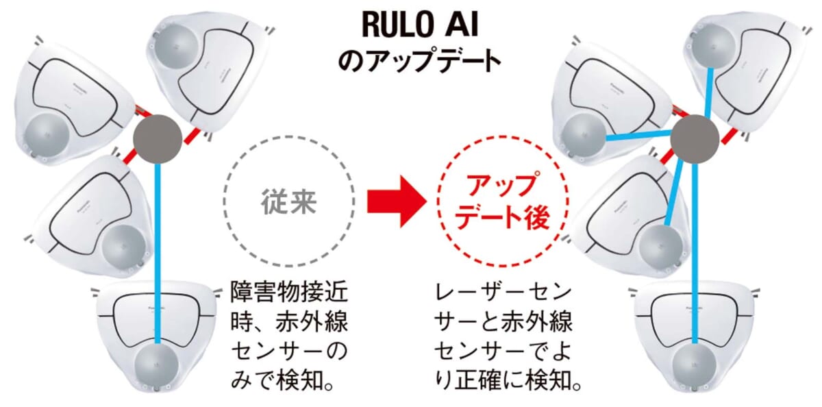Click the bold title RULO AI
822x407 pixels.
[420, 25]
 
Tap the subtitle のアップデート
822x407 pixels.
[419, 60]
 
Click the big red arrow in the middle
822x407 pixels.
[397, 201]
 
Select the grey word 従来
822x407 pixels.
[289, 201]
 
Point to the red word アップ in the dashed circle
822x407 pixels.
[501, 184]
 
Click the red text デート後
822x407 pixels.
[502, 218]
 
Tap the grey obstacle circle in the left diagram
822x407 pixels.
[158, 139]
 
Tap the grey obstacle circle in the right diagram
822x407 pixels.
[695, 139]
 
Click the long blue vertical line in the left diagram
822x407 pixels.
[158, 254]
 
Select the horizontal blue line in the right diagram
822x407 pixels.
[638, 136]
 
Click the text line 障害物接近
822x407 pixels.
[289, 292]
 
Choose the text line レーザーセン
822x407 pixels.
[503, 292]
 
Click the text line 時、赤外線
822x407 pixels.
[289, 322]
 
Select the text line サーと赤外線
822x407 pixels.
[503, 322]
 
